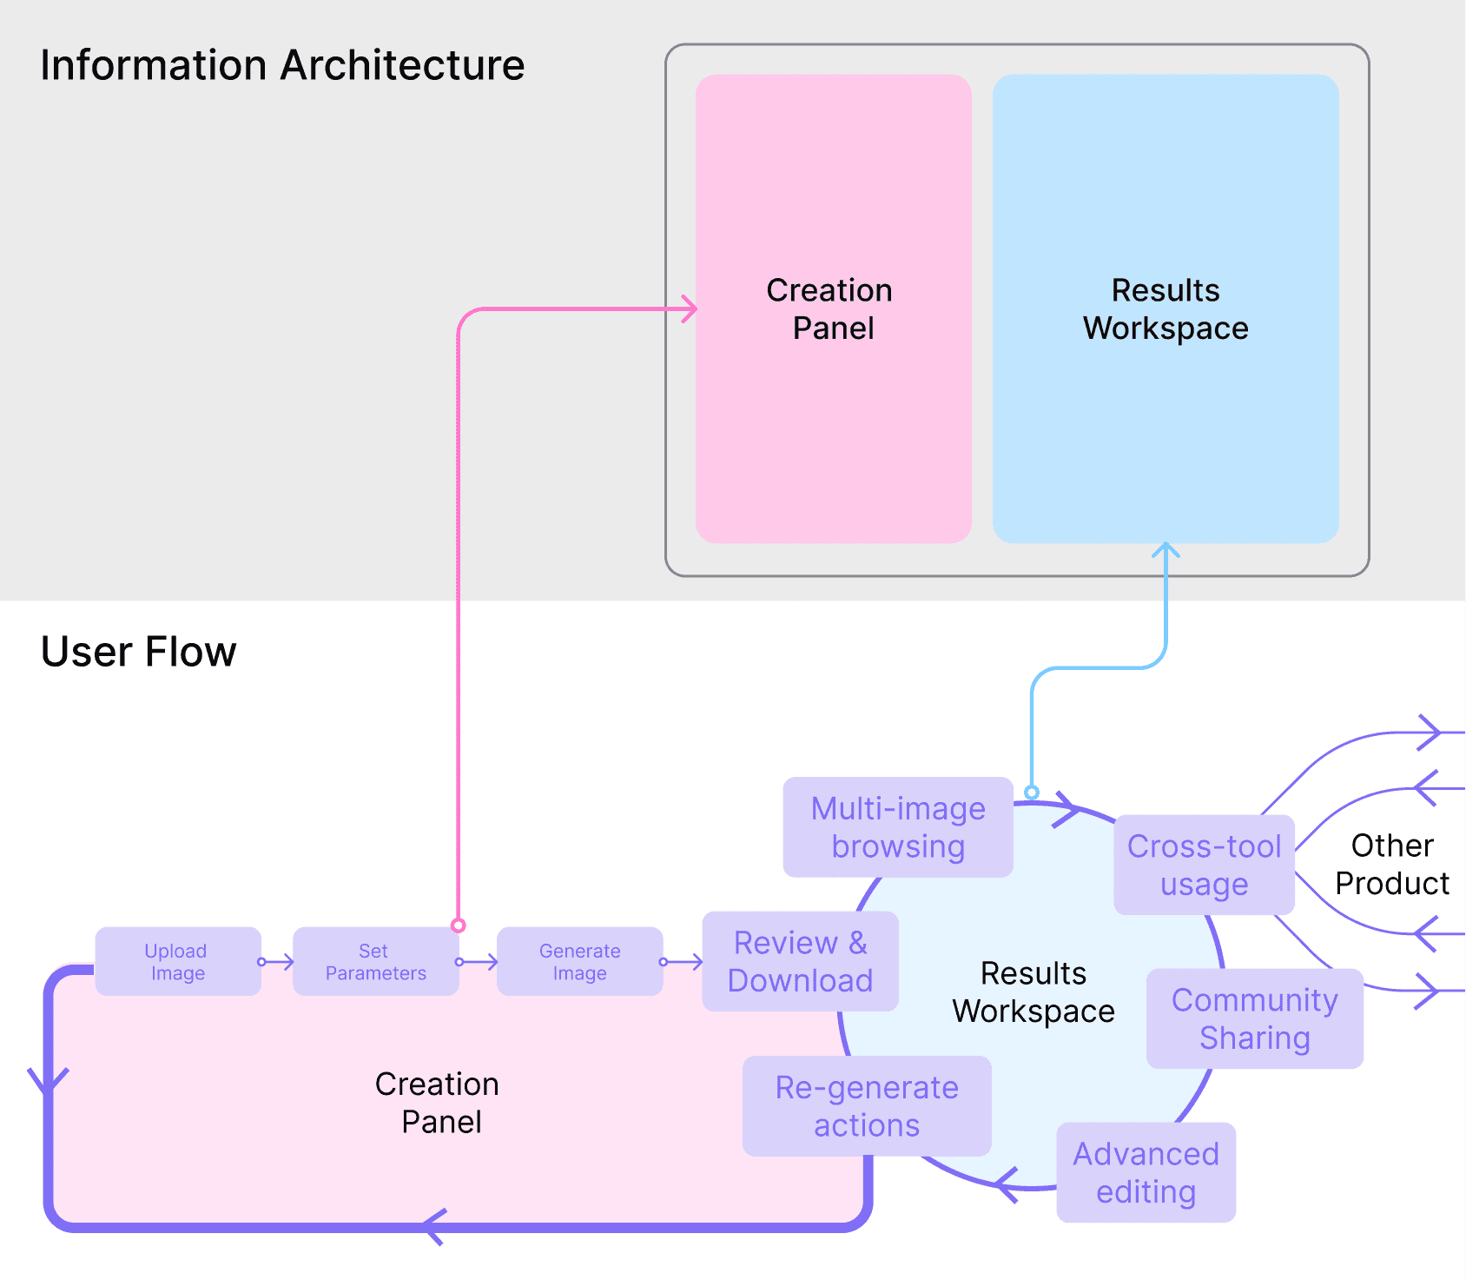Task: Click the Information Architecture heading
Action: pos(282,65)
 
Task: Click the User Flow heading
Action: pos(138,652)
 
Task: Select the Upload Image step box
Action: pos(177,961)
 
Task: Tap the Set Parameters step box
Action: pos(375,961)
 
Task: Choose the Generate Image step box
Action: pos(579,961)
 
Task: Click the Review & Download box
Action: pos(800,961)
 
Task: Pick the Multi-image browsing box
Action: pos(898,827)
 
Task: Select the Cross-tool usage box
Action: pos(1204,865)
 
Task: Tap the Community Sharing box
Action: pos(1254,1018)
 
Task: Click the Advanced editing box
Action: pos(1146,1172)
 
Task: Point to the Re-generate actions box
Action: pos(867,1106)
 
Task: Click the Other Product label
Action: pos(1391,864)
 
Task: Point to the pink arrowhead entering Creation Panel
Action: pos(690,308)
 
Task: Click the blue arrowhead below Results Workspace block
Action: pos(1166,550)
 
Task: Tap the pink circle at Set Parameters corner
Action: pos(458,925)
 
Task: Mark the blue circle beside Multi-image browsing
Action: pos(1032,793)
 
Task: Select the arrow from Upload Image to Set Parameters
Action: pos(278,962)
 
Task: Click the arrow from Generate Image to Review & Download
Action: pos(683,962)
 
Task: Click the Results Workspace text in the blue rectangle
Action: pos(1166,308)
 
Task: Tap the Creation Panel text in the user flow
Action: pos(438,1103)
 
